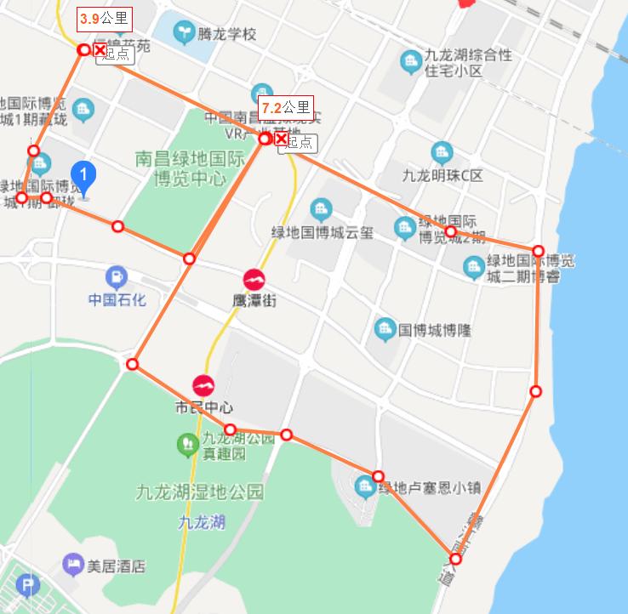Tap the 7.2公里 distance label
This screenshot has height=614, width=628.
tap(285, 108)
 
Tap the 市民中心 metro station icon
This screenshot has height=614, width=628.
tap(203, 385)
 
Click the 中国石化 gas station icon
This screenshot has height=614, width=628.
tap(117, 277)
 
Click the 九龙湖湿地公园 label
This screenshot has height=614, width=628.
tap(200, 492)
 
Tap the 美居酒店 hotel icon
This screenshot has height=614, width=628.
tap(74, 564)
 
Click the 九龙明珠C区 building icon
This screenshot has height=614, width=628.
tap(442, 154)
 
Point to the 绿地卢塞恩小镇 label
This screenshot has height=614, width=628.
tap(430, 488)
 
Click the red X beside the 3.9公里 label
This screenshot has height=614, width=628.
tap(100, 51)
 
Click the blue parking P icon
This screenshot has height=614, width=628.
tap(29, 586)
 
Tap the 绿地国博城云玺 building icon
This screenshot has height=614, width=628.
tap(321, 208)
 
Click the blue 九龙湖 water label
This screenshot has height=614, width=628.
tap(203, 521)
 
